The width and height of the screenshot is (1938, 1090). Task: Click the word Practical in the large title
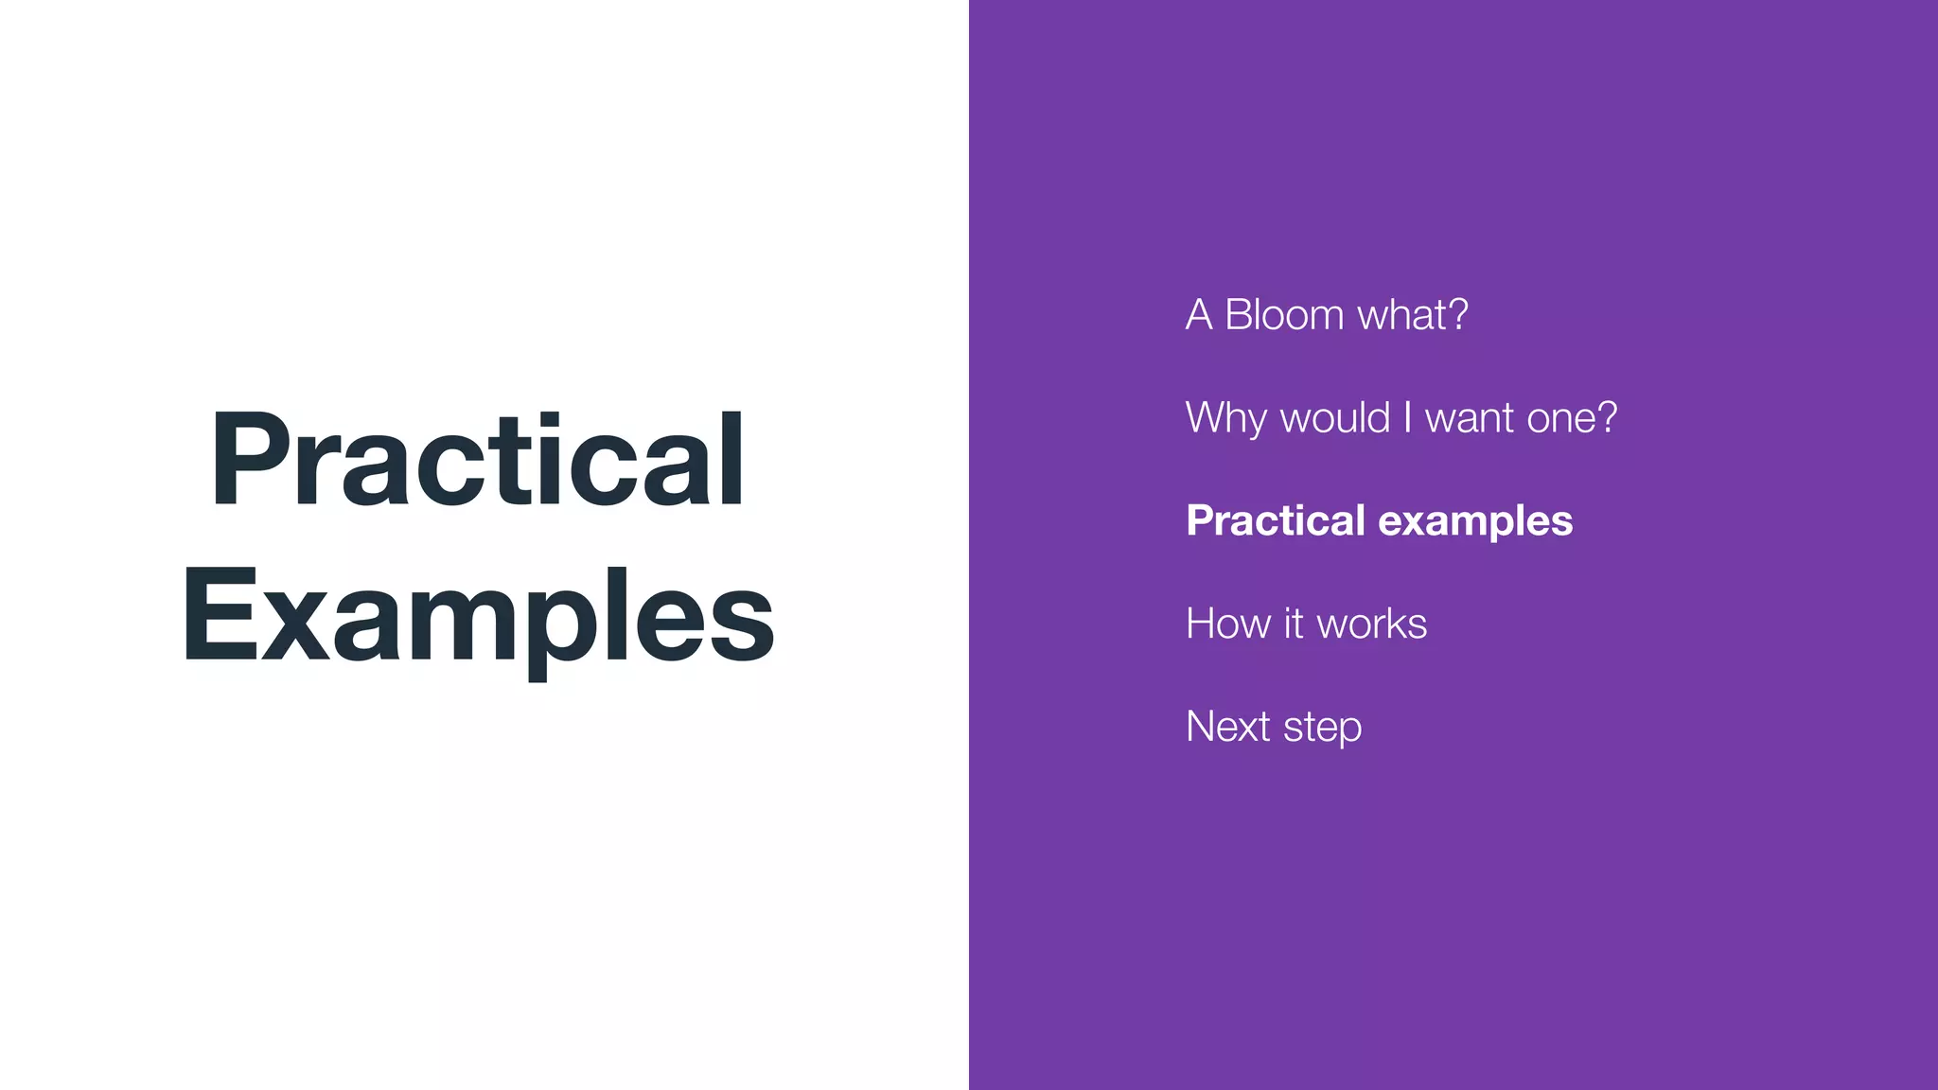coord(478,461)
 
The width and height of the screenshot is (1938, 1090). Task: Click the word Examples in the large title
coord(478,617)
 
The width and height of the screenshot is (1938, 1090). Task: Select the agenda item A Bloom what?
coord(1327,315)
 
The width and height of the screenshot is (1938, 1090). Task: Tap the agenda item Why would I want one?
coord(1401,418)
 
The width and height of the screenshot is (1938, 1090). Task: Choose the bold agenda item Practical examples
coord(1379,521)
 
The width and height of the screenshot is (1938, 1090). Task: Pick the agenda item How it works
coord(1306,624)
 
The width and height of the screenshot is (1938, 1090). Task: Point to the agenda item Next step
coord(1274,728)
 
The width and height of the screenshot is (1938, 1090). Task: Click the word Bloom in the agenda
coord(1284,315)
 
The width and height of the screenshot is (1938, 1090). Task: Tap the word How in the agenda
coord(1228,624)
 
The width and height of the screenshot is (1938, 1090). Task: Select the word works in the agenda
coord(1372,624)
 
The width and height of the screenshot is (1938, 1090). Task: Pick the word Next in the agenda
coord(1228,728)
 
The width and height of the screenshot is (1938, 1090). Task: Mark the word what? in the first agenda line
coord(1413,315)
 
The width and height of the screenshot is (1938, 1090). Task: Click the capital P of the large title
coord(249,461)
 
